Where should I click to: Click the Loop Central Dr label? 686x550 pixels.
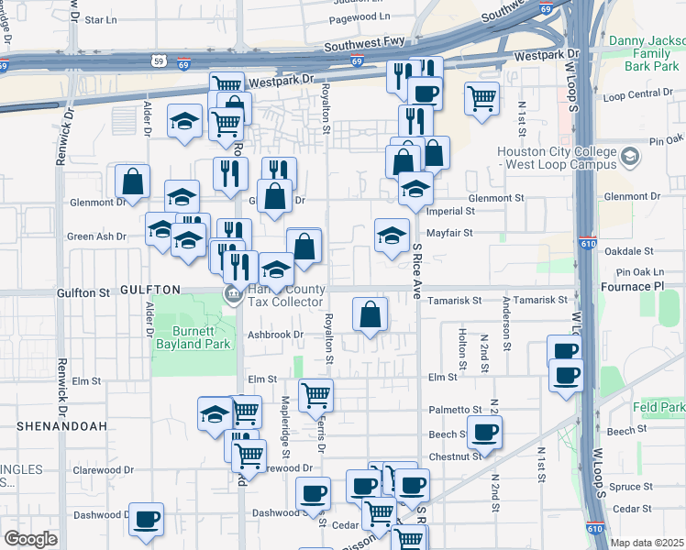click(x=638, y=95)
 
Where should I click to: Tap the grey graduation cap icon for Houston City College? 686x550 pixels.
click(x=630, y=157)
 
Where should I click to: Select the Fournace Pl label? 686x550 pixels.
click(x=644, y=287)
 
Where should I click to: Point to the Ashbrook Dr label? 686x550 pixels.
click(x=275, y=335)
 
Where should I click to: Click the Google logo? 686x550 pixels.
click(x=30, y=539)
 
